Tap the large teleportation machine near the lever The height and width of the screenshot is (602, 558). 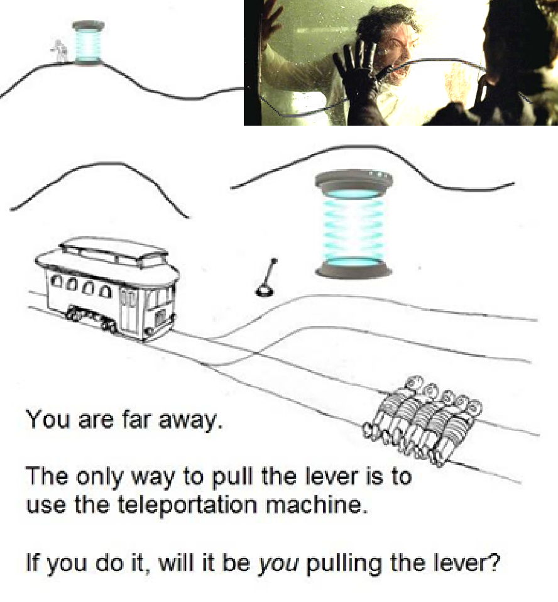tap(354, 224)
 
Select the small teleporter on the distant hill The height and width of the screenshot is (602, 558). tap(88, 42)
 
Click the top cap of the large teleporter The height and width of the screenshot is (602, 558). tap(354, 180)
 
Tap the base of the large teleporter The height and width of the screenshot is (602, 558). tap(354, 267)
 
